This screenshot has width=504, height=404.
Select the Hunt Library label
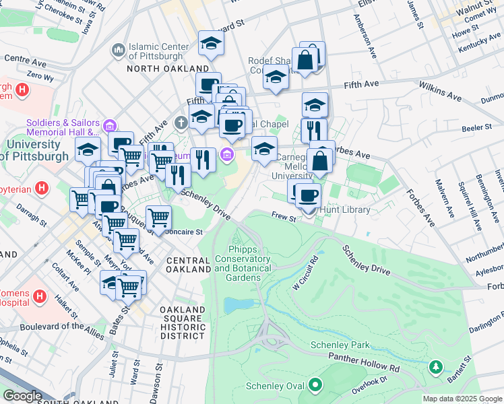[x=345, y=210]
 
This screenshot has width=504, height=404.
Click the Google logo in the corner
[x=22, y=396]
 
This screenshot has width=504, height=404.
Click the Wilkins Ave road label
[x=439, y=88]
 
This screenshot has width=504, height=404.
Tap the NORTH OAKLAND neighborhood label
[x=168, y=69]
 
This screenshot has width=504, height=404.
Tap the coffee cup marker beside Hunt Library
[x=309, y=195]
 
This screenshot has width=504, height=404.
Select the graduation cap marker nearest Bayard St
[x=211, y=44]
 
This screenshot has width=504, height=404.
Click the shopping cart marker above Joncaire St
[x=158, y=217]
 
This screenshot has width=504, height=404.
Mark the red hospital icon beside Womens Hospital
[x=39, y=296]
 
